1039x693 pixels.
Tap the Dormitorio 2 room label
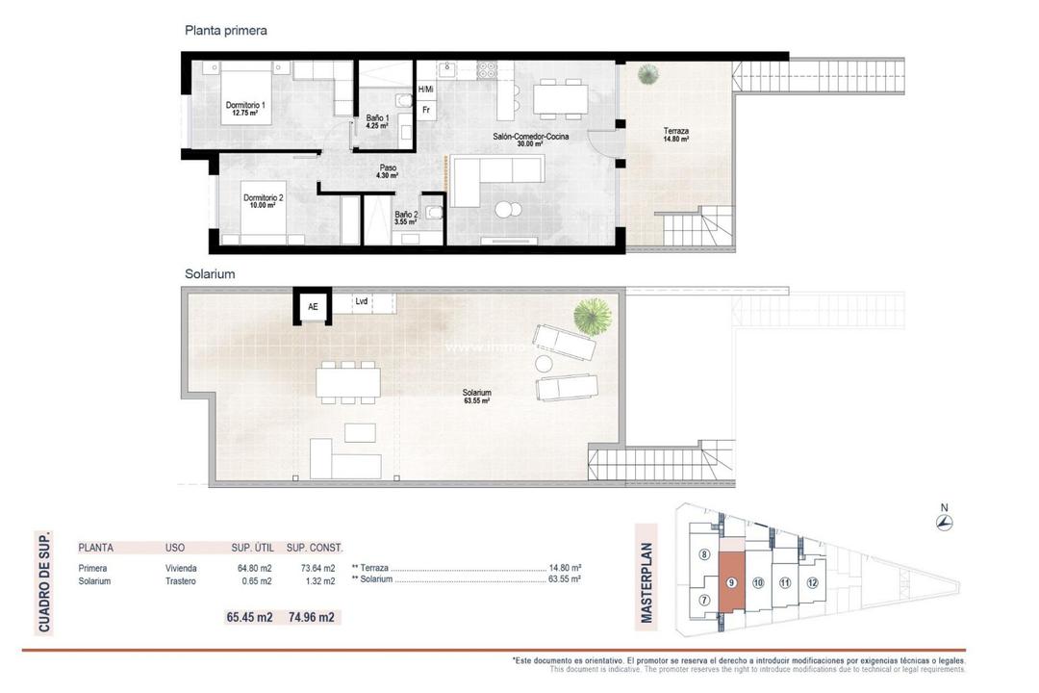[263, 200]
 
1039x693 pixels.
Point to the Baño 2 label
[406, 218]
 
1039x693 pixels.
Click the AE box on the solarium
[312, 308]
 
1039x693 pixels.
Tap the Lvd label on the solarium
[362, 301]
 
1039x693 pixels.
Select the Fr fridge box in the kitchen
[425, 109]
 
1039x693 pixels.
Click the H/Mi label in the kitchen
[425, 89]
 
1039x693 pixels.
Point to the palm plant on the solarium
[592, 314]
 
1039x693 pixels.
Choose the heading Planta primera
[225, 31]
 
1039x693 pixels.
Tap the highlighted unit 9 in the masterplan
[732, 583]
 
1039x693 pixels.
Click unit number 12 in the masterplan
[812, 582]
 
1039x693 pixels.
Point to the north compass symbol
[945, 523]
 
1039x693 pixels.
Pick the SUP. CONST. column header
[315, 548]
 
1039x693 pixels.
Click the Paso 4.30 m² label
[388, 171]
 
